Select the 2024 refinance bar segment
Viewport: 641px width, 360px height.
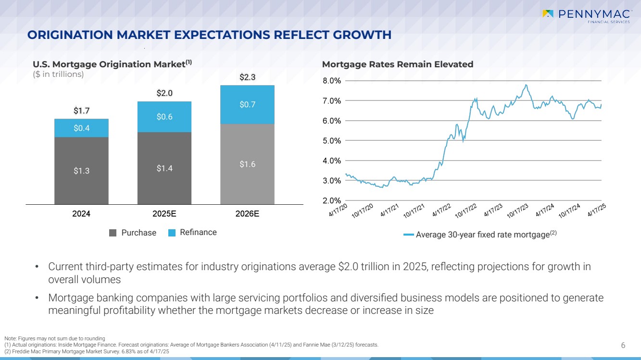point(81,128)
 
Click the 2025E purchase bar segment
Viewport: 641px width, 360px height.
point(164,168)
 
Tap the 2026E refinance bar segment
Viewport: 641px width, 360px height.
point(247,104)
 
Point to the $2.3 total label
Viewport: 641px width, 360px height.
point(247,77)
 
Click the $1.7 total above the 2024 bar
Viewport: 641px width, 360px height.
point(81,111)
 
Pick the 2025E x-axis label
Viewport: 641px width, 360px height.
point(164,214)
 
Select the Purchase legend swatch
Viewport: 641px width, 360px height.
point(113,233)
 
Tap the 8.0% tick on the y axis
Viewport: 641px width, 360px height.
point(332,81)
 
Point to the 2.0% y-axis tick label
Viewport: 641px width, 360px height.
point(332,200)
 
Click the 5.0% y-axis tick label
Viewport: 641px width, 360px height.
point(332,141)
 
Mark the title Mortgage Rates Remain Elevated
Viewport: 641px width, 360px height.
point(398,64)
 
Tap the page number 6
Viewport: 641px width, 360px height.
point(623,345)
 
